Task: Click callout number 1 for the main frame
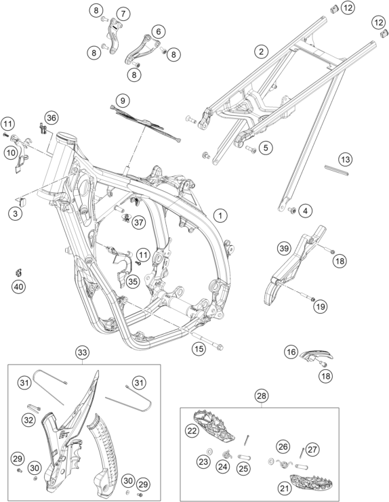tap(220, 215)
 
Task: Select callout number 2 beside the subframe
tap(262, 51)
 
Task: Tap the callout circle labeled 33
tap(82, 352)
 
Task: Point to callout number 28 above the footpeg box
tap(262, 396)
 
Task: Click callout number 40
tap(18, 286)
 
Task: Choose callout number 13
tap(345, 159)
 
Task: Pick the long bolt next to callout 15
tap(208, 341)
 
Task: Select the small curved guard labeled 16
tap(316, 355)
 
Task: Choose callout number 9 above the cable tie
tap(123, 101)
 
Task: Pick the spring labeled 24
tap(227, 455)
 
